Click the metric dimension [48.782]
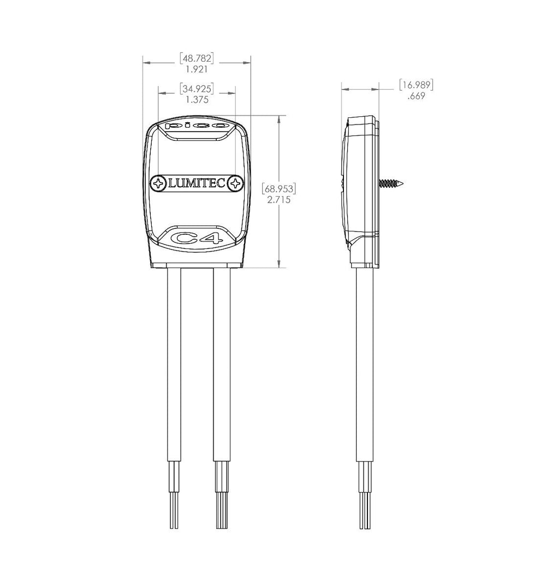click(197, 58)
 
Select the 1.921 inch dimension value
click(197, 69)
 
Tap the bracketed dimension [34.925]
click(197, 88)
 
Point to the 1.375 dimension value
click(197, 100)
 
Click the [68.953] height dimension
click(279, 188)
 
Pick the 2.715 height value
click(279, 199)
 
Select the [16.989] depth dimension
click(416, 85)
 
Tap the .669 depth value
click(416, 96)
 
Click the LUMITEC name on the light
click(197, 183)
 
